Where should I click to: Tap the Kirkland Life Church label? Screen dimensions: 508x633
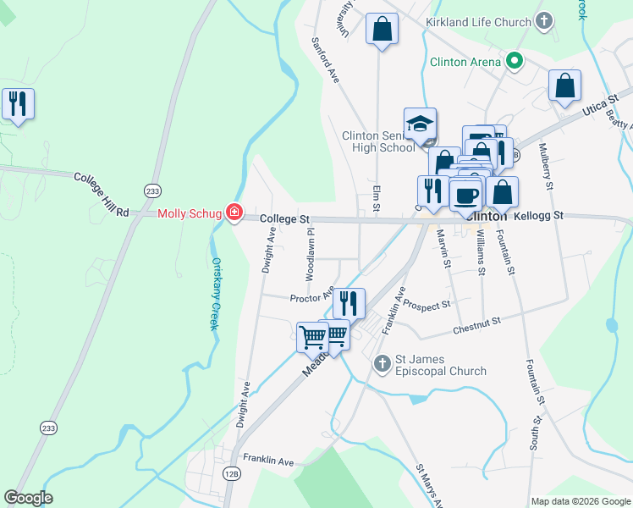coord(479,21)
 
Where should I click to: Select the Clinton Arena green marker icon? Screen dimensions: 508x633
coord(514,61)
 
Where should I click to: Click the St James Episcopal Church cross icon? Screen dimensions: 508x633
coord(382,363)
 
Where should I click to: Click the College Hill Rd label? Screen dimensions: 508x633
coord(101,194)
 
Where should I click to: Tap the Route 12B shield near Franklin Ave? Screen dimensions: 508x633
coord(232,475)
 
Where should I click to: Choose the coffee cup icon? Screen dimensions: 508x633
coord(465,196)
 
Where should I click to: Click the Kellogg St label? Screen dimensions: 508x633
coord(538,217)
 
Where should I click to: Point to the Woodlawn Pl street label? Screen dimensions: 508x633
coord(311,254)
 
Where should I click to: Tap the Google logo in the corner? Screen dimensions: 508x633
coord(28,498)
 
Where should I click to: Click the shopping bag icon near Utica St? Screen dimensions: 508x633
coord(564,86)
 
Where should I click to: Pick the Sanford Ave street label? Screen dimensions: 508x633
coord(325,59)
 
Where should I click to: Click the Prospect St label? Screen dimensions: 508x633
coord(427,304)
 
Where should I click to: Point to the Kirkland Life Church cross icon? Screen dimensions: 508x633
coord(543,21)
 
